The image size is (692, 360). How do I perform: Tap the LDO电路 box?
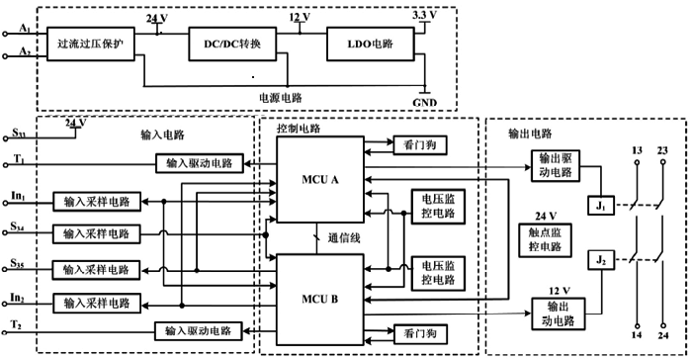pos(369,45)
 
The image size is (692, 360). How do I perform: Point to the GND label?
pos(425,100)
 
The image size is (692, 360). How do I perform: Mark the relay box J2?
pos(603,260)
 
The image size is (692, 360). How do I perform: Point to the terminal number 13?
pos(637,151)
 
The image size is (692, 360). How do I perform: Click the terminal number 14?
pos(637,337)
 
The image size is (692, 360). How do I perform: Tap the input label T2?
pos(16,325)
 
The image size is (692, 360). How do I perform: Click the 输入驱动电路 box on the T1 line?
pos(200,162)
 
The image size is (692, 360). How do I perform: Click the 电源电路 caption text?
pos(279,98)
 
